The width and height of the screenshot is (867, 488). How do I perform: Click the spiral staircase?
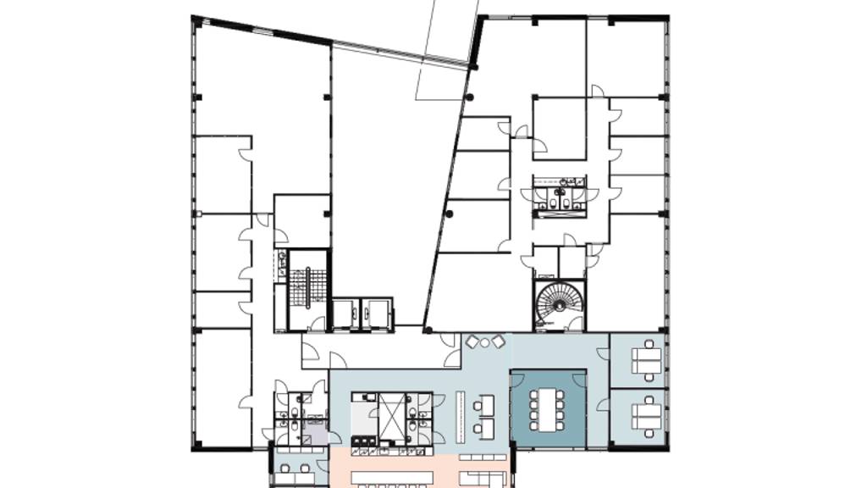558,305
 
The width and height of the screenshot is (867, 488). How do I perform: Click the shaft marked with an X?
391,414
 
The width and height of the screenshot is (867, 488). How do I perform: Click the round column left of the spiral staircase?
428,329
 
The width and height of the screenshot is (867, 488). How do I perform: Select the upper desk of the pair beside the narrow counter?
485,404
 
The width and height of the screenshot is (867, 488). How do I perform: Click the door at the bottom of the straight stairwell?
317,324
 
